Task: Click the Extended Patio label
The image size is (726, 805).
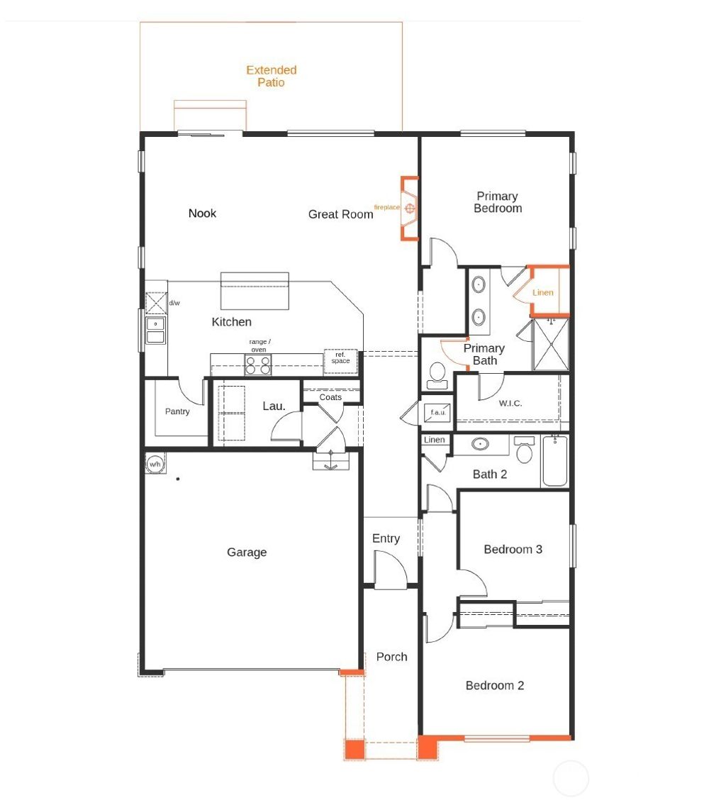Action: point(272,77)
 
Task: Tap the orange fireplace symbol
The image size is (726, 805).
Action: point(409,208)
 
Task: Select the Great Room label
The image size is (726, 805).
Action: point(340,214)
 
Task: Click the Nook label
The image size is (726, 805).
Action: point(202,213)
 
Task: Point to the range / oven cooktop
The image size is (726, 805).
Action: point(258,365)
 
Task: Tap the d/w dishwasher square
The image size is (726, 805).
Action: point(155,304)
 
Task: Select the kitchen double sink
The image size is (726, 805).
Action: point(155,331)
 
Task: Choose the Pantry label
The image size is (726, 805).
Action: point(177,411)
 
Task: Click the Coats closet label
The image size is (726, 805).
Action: point(330,397)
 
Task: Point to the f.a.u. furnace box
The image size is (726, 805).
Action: point(437,412)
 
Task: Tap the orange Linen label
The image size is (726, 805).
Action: point(543,292)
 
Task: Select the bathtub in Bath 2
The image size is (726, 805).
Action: point(555,461)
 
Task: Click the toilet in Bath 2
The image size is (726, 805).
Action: point(525,451)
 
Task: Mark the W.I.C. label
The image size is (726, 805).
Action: point(510,404)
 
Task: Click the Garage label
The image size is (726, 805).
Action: point(247,553)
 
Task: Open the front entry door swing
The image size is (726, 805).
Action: point(391,570)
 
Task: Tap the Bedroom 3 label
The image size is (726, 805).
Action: point(513,550)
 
